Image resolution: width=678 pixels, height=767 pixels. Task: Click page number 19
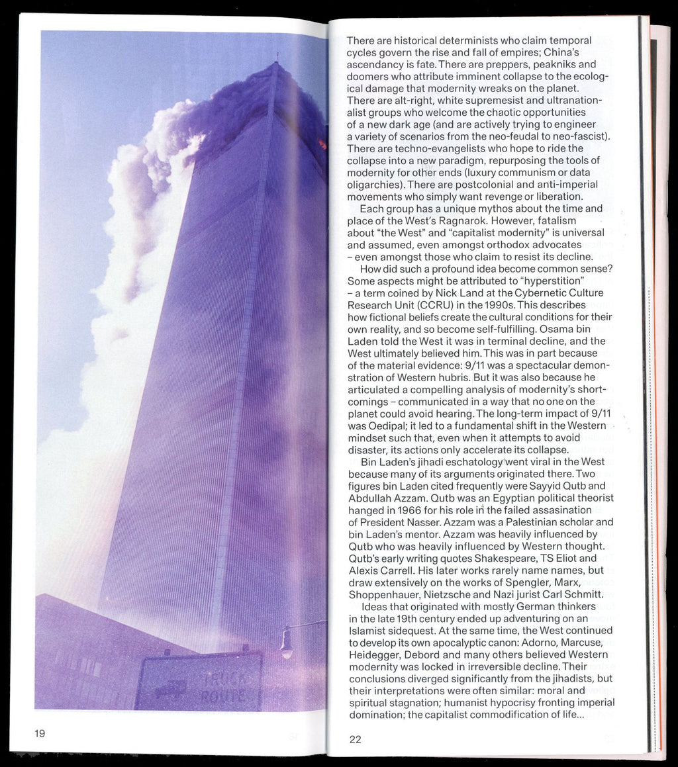[x=40, y=733]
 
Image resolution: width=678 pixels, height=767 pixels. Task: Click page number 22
[x=356, y=739]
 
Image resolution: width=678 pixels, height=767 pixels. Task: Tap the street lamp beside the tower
[x=287, y=642]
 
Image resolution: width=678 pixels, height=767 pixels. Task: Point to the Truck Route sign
[x=199, y=682]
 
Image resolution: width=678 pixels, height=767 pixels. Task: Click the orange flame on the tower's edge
[x=323, y=144]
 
